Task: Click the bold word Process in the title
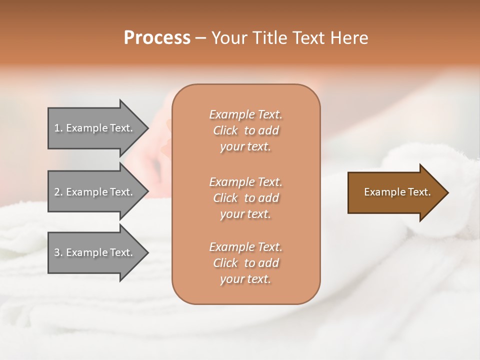pos(157,38)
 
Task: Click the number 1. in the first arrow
pos(58,128)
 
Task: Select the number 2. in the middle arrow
pos(58,192)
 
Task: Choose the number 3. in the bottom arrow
pos(58,252)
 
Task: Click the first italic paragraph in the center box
pos(245,130)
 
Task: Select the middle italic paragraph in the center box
pos(245,198)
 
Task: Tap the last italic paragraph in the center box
pos(245,263)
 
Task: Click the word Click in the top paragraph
pos(225,130)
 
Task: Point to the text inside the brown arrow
pos(397,192)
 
